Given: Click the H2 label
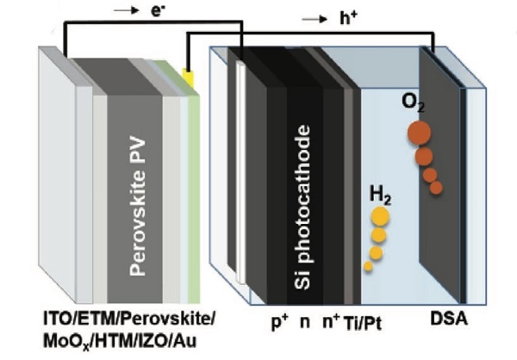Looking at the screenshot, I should [378, 196].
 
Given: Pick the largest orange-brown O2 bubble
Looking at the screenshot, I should [420, 133].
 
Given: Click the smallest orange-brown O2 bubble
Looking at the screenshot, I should [436, 188].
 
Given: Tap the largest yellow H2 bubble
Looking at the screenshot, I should [380, 216].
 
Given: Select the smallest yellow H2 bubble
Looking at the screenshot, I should [368, 266].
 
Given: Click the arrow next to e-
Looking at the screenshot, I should [109, 13].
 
